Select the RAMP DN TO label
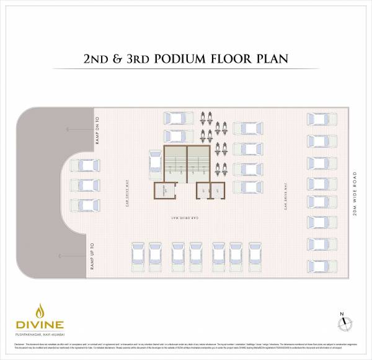coord(97,130)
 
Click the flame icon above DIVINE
coord(41,310)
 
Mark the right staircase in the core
coord(199,164)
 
